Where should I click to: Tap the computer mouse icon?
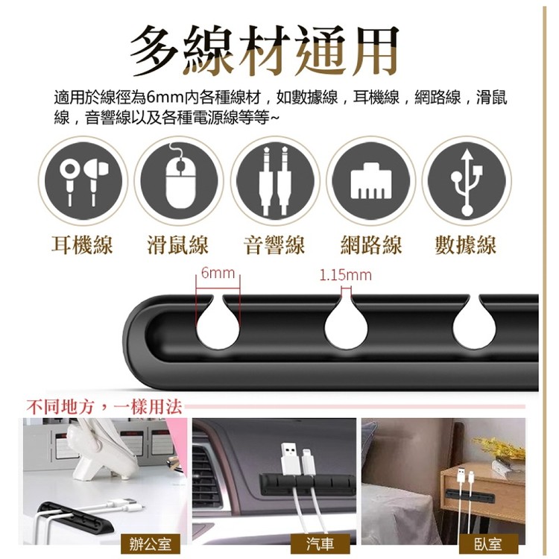(x=180, y=180)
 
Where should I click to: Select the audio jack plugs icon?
(x=275, y=180)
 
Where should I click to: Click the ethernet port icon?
(x=370, y=180)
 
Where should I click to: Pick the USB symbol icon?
(x=467, y=180)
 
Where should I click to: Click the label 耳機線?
(x=82, y=245)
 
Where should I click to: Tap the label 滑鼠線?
(x=178, y=245)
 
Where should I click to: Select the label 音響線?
(x=274, y=245)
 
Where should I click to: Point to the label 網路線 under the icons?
(x=371, y=245)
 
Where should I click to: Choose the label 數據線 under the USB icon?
(x=466, y=245)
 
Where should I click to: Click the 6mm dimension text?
(x=218, y=275)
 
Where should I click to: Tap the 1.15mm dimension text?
(x=345, y=276)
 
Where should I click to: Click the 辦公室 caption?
(x=146, y=543)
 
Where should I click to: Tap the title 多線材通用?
(x=265, y=51)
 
